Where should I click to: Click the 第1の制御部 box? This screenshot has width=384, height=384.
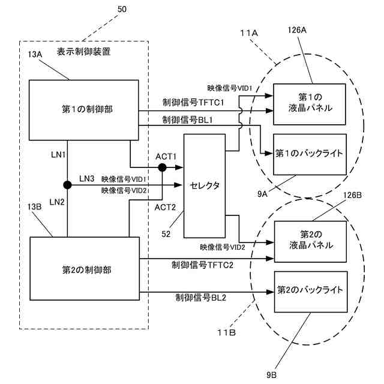84,110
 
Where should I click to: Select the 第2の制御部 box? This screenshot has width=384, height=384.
85,268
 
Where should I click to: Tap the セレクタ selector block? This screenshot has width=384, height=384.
205,186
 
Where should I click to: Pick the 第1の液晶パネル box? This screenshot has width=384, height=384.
310,104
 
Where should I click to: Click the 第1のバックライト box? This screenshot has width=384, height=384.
310,154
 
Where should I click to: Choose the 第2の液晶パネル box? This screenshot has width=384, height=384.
310,241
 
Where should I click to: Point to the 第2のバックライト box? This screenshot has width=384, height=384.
311,292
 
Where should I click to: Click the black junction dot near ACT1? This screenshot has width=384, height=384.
162,167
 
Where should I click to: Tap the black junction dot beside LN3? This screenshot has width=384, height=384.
67,185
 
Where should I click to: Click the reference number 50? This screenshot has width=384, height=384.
122,10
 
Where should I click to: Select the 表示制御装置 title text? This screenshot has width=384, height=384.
84,52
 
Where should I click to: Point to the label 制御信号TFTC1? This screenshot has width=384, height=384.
193,103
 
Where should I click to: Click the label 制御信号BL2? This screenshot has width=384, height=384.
200,298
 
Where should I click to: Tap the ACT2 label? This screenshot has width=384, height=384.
166,208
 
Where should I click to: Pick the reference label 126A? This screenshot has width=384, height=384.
297,30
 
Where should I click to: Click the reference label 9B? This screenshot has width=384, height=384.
272,375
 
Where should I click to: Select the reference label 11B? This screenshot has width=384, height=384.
227,332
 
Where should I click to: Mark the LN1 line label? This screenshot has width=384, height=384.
58,155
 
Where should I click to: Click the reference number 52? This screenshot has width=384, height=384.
166,234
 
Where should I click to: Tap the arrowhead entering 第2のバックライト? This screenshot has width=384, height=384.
271,292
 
